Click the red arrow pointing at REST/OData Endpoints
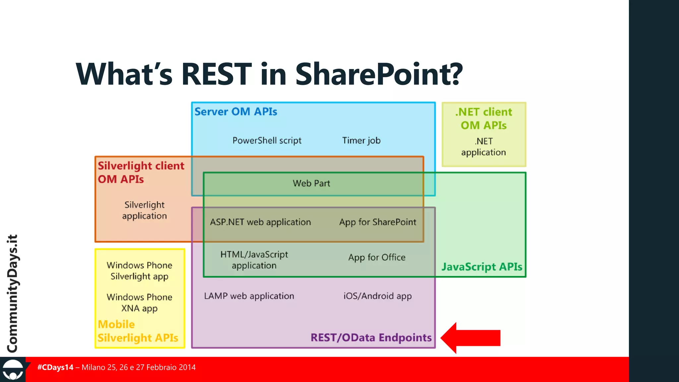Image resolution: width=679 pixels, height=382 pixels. point(471,338)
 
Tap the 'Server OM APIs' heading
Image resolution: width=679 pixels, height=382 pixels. point(236,112)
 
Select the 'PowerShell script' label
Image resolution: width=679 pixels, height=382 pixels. point(267,141)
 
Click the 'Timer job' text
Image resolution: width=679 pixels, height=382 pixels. point(361,141)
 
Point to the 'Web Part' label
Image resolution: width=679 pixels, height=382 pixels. point(311,183)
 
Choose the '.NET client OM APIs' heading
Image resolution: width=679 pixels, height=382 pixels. point(484,119)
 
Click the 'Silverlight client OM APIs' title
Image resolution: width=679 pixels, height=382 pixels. point(141,172)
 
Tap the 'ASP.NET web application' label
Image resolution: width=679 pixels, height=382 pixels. point(261,222)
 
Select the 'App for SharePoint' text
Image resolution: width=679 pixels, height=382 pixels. point(378,222)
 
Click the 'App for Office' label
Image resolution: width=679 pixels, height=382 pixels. point(377,258)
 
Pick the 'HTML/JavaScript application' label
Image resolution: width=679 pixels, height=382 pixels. point(254,260)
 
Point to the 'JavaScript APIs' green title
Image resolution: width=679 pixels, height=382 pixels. point(482,267)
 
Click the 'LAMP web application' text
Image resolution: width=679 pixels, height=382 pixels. point(249,296)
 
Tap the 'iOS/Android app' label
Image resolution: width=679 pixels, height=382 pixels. point(378,296)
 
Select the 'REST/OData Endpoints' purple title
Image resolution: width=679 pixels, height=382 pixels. point(371,338)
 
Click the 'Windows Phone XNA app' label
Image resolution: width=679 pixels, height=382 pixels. point(140,303)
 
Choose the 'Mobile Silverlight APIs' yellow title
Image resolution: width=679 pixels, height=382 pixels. point(138,331)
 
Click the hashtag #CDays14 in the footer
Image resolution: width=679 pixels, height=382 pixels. point(55,367)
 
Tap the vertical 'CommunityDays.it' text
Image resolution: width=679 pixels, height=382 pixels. point(13,293)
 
